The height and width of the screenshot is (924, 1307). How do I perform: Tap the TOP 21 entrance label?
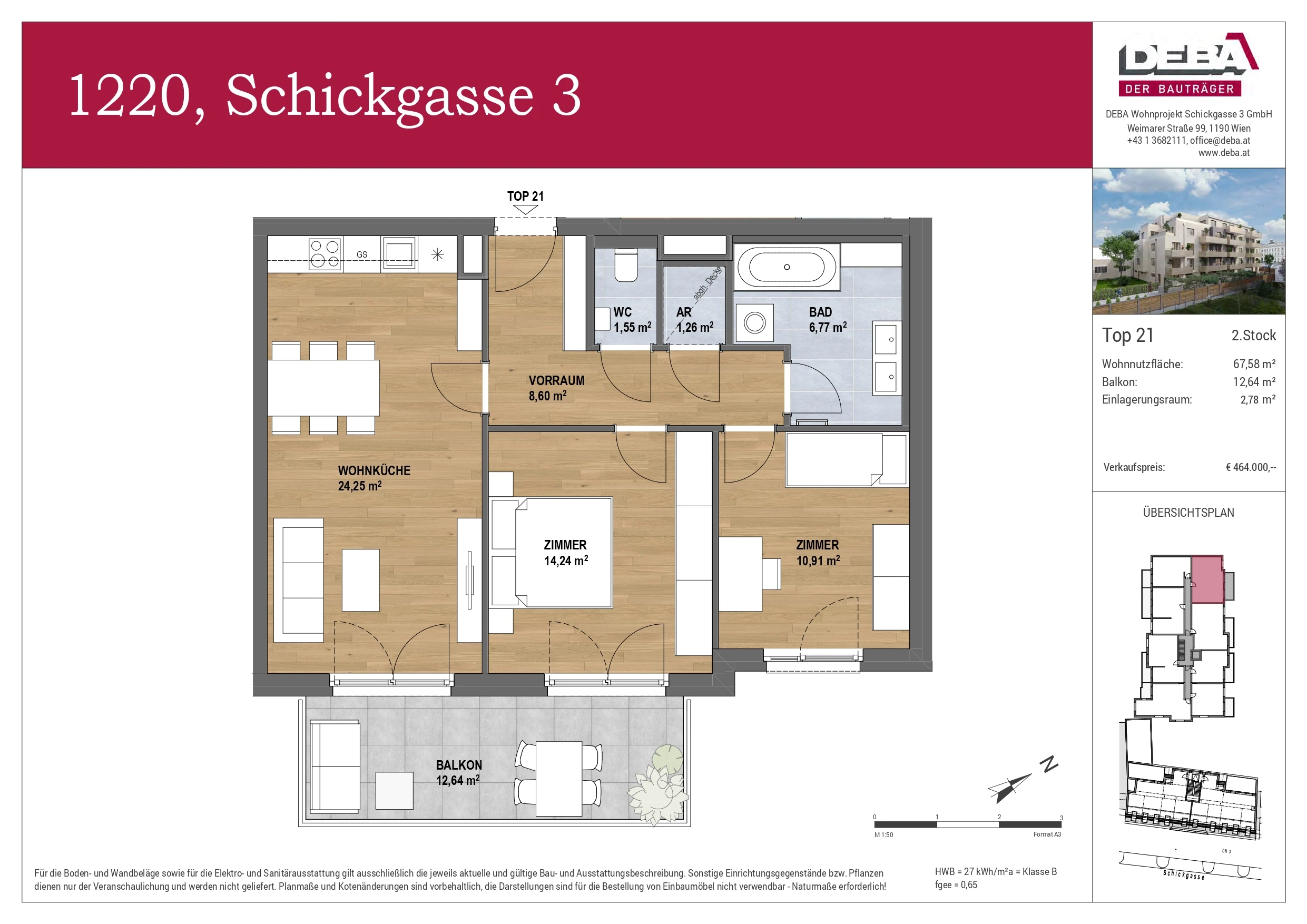pos(525,196)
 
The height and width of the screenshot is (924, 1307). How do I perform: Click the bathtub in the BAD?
pos(786,267)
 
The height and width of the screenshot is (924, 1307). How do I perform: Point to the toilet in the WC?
pos(626,266)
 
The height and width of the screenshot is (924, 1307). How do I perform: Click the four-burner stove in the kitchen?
pos(325,254)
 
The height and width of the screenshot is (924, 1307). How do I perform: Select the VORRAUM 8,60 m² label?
pos(556,388)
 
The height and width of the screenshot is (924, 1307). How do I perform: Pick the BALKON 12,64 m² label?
pos(458,773)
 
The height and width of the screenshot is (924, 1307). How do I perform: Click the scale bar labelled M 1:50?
pos(967,824)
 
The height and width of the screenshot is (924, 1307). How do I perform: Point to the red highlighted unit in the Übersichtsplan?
pos(1207,579)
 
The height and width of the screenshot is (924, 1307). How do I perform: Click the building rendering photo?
pos(1188,241)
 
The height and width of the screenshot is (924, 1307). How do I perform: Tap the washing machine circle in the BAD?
pos(754,323)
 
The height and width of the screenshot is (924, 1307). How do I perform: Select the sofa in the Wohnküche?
pos(299,580)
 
